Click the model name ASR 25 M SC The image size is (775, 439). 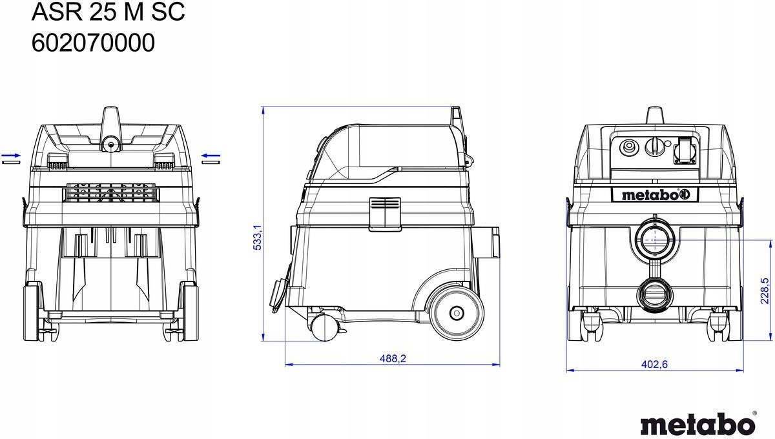click(108, 12)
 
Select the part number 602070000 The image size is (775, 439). click(93, 43)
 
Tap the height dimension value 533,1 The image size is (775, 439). click(258, 237)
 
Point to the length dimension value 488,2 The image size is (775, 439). click(393, 358)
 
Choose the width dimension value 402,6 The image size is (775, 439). click(654, 364)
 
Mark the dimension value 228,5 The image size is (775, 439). click(764, 291)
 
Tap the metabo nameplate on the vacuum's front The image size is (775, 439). click(655, 195)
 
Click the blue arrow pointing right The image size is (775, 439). click(11, 156)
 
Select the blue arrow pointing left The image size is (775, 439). click(211, 156)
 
